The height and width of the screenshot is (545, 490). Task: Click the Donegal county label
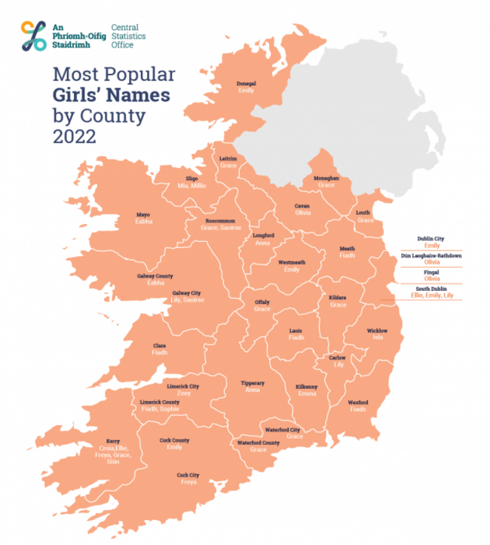pyautogui.click(x=246, y=83)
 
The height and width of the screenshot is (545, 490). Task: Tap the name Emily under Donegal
pyautogui.click(x=246, y=90)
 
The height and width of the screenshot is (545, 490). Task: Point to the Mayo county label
pyautogui.click(x=143, y=214)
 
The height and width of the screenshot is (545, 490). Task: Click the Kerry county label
pyautogui.click(x=112, y=441)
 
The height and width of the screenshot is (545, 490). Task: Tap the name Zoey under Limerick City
pyautogui.click(x=184, y=393)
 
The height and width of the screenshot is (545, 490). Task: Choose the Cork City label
pyautogui.click(x=187, y=475)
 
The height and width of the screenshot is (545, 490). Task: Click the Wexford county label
pyautogui.click(x=357, y=403)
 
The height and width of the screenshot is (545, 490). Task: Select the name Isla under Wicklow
pyautogui.click(x=377, y=338)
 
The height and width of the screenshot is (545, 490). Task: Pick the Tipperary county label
pyautogui.click(x=253, y=383)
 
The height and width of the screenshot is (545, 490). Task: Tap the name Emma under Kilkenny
pyautogui.click(x=307, y=394)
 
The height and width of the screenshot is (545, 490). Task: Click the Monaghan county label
pyautogui.click(x=326, y=178)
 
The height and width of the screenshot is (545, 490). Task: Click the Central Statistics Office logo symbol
pyautogui.click(x=33, y=35)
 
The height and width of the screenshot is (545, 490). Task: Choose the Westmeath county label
pyautogui.click(x=291, y=262)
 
